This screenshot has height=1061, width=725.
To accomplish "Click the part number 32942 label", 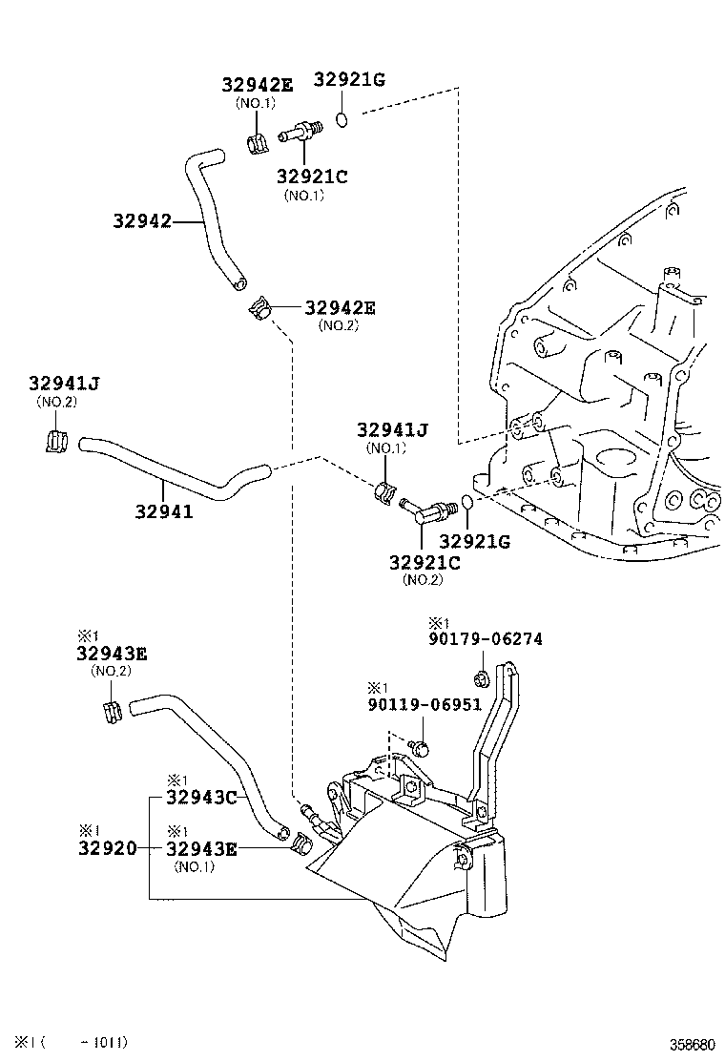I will coord(142,221).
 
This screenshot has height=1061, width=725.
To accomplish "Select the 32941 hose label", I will coord(163,511).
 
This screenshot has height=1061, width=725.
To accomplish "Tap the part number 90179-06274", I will coord(485,639).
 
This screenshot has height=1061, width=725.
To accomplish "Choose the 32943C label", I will coord(200,797).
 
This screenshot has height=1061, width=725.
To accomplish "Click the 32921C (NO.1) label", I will coord(312,176).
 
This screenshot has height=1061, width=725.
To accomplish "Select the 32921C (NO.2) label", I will coord(425,563).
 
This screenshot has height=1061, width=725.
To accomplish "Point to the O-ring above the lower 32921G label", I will coord(466,503).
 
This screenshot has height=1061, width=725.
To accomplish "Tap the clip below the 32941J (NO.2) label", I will coord(56,442).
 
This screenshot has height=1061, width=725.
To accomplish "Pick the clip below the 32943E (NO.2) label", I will coord(111,711).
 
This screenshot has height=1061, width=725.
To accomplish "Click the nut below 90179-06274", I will coord(481,679).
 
